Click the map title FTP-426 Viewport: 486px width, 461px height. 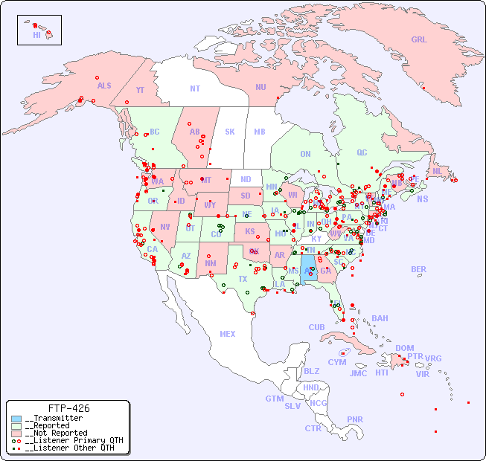point(68,409)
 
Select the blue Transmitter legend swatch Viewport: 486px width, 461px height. point(16,419)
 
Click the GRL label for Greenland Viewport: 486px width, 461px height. point(419,40)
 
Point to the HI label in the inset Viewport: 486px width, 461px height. point(36,35)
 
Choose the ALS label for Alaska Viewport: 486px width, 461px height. point(104,86)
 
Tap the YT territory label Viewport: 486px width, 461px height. point(140,90)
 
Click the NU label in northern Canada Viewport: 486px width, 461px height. point(260,87)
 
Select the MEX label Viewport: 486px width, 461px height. point(228,334)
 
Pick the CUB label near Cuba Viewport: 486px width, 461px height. point(317,327)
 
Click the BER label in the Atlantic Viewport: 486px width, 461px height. point(419,269)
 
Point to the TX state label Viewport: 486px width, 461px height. point(243,279)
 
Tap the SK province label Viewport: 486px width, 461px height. point(230,132)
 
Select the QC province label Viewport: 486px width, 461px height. point(362,152)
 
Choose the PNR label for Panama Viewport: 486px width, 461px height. point(355,419)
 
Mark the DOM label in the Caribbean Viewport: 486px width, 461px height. point(404,348)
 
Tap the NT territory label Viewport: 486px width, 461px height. point(195,88)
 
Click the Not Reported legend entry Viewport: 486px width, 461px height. point(56,433)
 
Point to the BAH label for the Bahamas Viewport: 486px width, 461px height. point(380,318)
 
